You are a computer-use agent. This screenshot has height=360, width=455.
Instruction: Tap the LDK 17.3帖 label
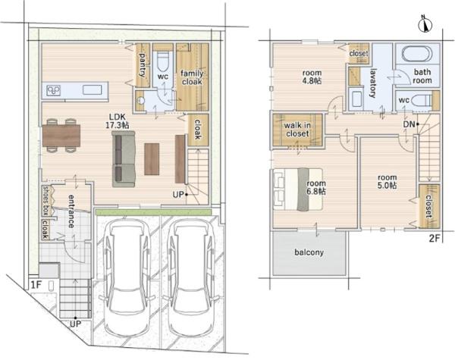click(118, 121)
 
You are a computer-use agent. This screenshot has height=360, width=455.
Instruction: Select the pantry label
click(143, 64)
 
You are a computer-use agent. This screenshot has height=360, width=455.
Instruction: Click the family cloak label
click(192, 78)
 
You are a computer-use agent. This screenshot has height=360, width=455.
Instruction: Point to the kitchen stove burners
click(53, 90)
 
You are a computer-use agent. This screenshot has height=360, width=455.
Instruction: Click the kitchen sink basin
click(93, 90)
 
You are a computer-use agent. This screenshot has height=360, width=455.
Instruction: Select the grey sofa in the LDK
click(124, 159)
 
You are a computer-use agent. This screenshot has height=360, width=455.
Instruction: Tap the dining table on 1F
click(61, 136)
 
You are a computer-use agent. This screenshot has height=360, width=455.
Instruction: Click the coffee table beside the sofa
click(152, 159)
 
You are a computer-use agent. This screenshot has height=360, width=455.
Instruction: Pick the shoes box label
click(45, 200)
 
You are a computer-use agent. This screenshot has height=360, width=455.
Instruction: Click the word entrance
click(71, 211)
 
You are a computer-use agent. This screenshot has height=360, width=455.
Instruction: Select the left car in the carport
click(127, 278)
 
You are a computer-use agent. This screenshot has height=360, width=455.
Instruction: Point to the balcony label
click(309, 252)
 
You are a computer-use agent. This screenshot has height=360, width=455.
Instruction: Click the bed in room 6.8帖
click(298, 189)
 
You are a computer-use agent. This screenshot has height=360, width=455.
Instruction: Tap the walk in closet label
click(297, 130)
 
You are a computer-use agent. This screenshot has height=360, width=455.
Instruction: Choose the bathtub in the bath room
click(417, 54)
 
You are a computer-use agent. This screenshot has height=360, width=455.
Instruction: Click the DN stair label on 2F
click(409, 124)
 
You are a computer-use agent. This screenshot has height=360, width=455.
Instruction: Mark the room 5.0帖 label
click(387, 181)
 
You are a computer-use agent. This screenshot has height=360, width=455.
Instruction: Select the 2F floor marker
click(435, 239)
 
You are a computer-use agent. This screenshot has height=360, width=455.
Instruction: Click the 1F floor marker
click(36, 285)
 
